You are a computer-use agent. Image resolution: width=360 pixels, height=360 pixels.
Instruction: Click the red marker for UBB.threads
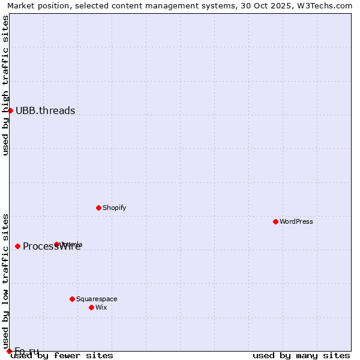(10, 110)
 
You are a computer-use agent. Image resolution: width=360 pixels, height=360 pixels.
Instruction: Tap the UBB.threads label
(46, 110)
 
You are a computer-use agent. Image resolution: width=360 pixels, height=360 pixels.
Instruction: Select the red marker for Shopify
(98, 208)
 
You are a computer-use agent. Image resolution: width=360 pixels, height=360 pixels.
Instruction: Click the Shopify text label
(114, 208)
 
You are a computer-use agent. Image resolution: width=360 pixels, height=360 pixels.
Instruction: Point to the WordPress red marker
(275, 221)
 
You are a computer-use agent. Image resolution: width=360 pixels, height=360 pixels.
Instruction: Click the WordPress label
(296, 222)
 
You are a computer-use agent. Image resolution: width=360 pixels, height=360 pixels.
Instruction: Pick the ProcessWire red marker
(17, 246)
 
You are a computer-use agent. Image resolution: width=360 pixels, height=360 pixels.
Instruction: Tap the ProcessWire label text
(52, 247)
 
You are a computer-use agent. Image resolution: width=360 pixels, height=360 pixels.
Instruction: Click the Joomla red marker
(56, 244)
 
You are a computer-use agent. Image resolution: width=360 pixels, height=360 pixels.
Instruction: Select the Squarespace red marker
(72, 299)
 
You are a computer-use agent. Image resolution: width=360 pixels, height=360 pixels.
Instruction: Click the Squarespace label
(97, 299)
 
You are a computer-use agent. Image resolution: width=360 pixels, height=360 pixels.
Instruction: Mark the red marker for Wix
(91, 307)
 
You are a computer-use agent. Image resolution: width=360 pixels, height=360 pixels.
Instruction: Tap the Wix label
(101, 308)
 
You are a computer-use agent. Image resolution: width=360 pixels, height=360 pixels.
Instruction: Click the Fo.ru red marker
(9, 351)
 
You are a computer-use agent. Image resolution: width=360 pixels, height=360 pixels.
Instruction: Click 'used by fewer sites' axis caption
(62, 356)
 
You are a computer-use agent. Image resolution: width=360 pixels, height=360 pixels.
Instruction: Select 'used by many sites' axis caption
(301, 356)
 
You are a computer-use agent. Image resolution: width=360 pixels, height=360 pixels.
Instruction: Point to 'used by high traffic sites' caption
(5, 85)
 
